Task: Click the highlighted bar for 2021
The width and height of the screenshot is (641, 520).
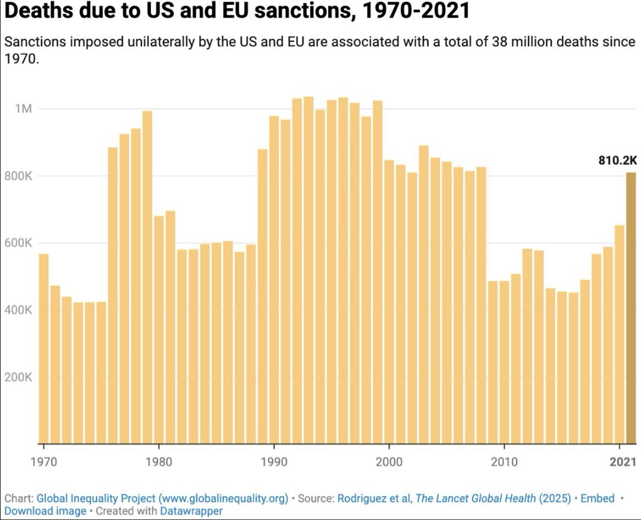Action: (x=631, y=308)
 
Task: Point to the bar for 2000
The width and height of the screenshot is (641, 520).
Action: (x=389, y=301)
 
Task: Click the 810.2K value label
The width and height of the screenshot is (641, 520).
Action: (x=617, y=160)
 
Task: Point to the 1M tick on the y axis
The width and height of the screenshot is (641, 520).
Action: (x=23, y=109)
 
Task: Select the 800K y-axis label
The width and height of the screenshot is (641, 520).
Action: (x=19, y=176)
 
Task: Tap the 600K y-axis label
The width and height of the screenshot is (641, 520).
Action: (x=19, y=243)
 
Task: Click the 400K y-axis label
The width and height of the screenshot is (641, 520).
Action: (x=19, y=310)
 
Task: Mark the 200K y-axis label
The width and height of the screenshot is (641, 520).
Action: (x=19, y=377)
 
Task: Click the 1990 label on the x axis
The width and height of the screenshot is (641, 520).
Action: (x=274, y=462)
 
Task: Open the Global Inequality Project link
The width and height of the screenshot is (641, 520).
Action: (x=162, y=499)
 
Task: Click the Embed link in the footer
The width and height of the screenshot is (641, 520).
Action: (x=597, y=499)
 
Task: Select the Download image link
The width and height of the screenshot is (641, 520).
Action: (x=45, y=511)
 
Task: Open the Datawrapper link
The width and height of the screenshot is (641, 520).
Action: (x=191, y=511)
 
